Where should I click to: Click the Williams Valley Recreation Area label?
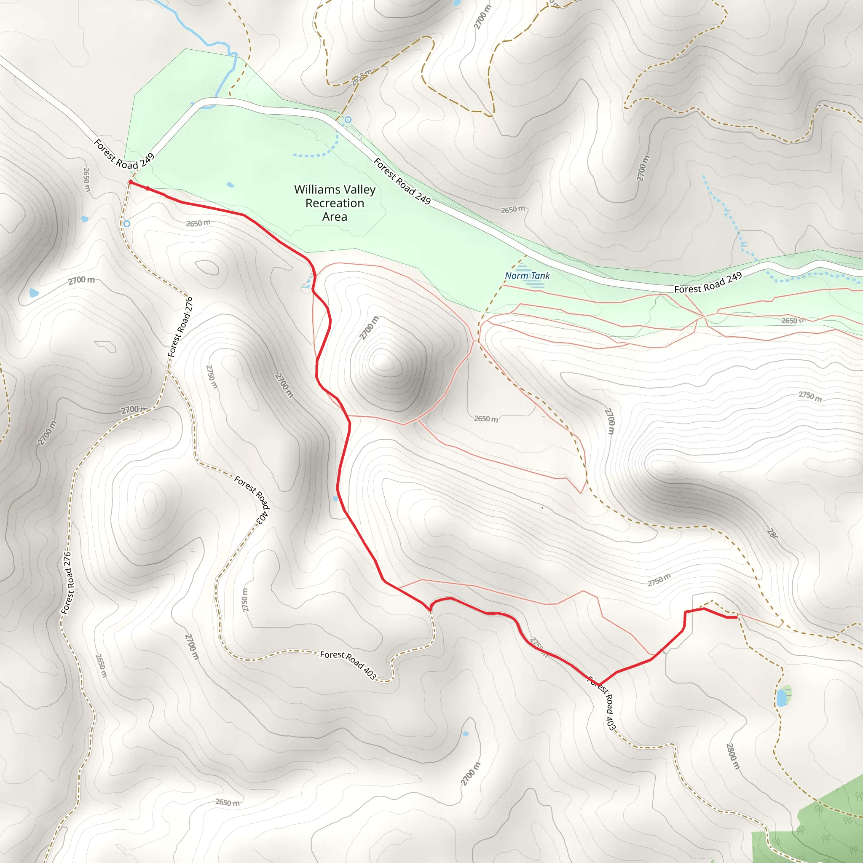pos(335,203)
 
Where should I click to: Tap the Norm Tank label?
pos(527,276)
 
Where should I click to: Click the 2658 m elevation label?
pos(361,77)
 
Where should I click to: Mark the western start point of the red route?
pos(130,182)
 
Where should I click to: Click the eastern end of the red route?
pos(736,617)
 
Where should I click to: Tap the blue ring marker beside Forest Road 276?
pos(127,223)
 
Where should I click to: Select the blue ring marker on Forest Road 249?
pos(348,120)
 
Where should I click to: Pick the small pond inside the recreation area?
pos(230,185)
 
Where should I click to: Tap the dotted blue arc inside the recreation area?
pos(322,152)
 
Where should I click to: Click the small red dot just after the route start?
pos(147,188)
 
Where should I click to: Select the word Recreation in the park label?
pos(335,203)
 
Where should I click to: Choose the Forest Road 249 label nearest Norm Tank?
pos(708,282)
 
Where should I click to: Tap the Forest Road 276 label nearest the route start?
pos(180,327)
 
